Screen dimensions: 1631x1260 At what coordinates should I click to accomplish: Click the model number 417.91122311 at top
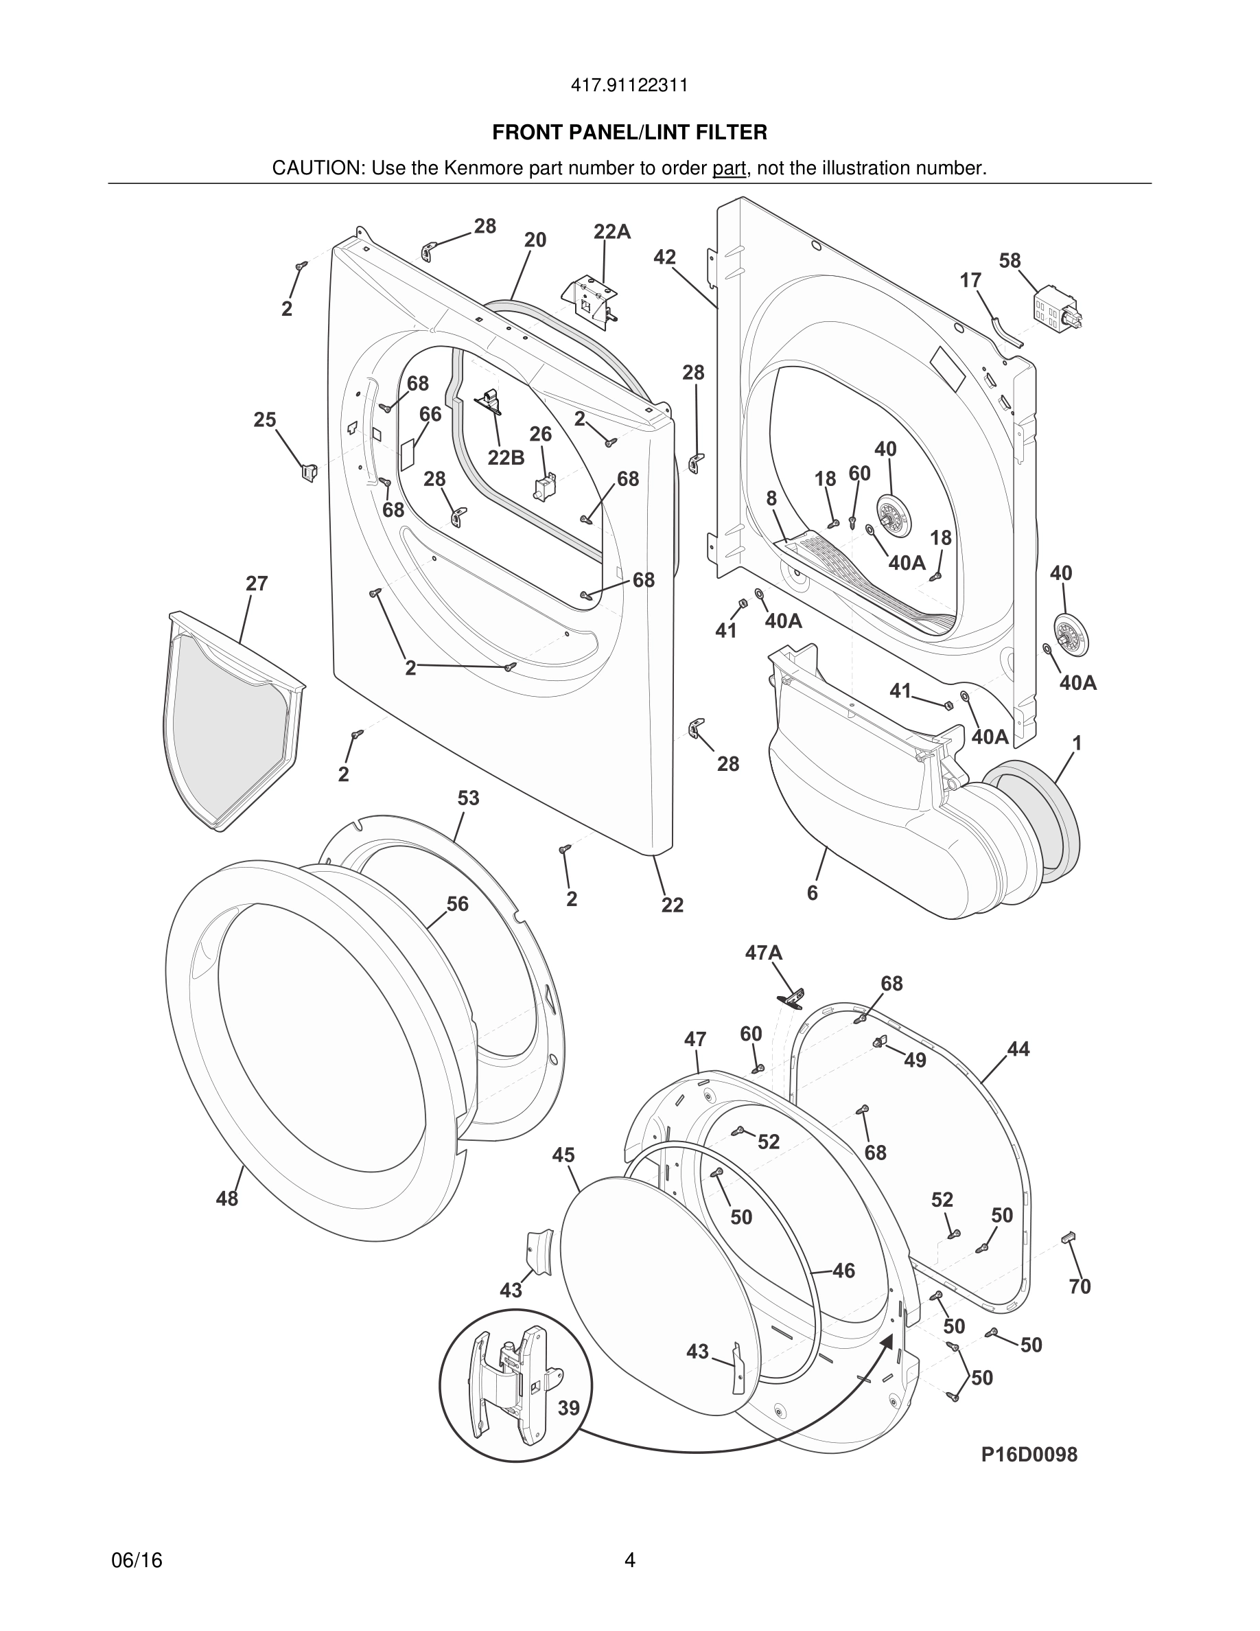pyautogui.click(x=629, y=86)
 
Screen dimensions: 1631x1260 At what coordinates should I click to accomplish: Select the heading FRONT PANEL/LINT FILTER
pyautogui.click(x=629, y=133)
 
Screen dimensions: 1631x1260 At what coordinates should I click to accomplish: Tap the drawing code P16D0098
pyautogui.click(x=1029, y=1454)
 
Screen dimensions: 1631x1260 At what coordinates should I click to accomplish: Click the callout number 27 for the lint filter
pyautogui.click(x=256, y=583)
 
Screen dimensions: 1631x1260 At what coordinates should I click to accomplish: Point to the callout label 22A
pyautogui.click(x=611, y=232)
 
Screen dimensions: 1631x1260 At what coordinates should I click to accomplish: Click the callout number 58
pyautogui.click(x=1010, y=261)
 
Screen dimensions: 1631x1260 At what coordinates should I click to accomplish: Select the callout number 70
pyautogui.click(x=1080, y=1286)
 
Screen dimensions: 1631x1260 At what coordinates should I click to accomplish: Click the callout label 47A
pyautogui.click(x=764, y=952)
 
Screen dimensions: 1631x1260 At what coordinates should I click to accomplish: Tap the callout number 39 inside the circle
pyautogui.click(x=569, y=1408)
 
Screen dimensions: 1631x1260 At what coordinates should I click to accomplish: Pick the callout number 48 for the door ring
pyautogui.click(x=227, y=1199)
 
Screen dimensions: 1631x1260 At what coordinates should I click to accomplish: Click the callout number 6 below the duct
pyautogui.click(x=812, y=892)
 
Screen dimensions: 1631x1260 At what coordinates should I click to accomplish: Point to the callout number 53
pyautogui.click(x=468, y=798)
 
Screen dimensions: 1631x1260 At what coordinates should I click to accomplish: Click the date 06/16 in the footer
pyautogui.click(x=137, y=1560)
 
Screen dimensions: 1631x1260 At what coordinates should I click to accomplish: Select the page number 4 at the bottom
pyautogui.click(x=629, y=1560)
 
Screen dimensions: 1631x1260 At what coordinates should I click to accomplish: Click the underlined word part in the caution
pyautogui.click(x=729, y=169)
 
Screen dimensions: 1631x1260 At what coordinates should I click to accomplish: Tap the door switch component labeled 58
pyautogui.click(x=1055, y=312)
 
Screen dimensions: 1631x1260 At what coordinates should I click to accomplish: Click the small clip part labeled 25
pyautogui.click(x=308, y=472)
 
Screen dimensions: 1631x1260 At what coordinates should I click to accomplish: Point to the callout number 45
pyautogui.click(x=563, y=1155)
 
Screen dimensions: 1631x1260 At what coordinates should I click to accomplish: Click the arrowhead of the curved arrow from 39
pyautogui.click(x=887, y=1339)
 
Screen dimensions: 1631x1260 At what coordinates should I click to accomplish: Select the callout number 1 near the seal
pyautogui.click(x=1076, y=743)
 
